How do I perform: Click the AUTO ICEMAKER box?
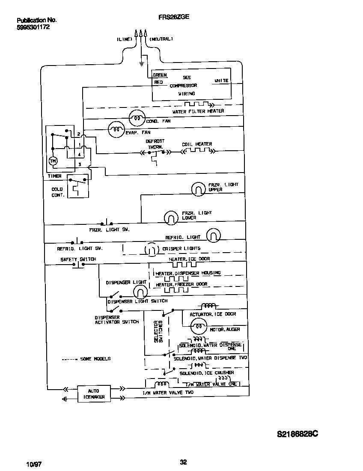click(93, 394)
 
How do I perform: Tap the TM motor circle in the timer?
click(53, 161)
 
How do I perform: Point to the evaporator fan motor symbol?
click(116, 129)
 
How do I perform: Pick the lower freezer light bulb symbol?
click(171, 218)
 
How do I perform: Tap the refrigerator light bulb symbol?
click(214, 235)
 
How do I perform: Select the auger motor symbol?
click(198, 328)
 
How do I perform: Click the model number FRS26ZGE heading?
click(173, 17)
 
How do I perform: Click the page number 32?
click(183, 462)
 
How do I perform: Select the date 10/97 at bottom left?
click(34, 464)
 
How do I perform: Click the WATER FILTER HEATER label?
click(198, 111)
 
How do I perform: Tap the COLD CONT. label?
click(57, 192)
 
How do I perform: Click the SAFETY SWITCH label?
click(78, 259)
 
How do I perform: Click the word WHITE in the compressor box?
click(221, 80)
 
